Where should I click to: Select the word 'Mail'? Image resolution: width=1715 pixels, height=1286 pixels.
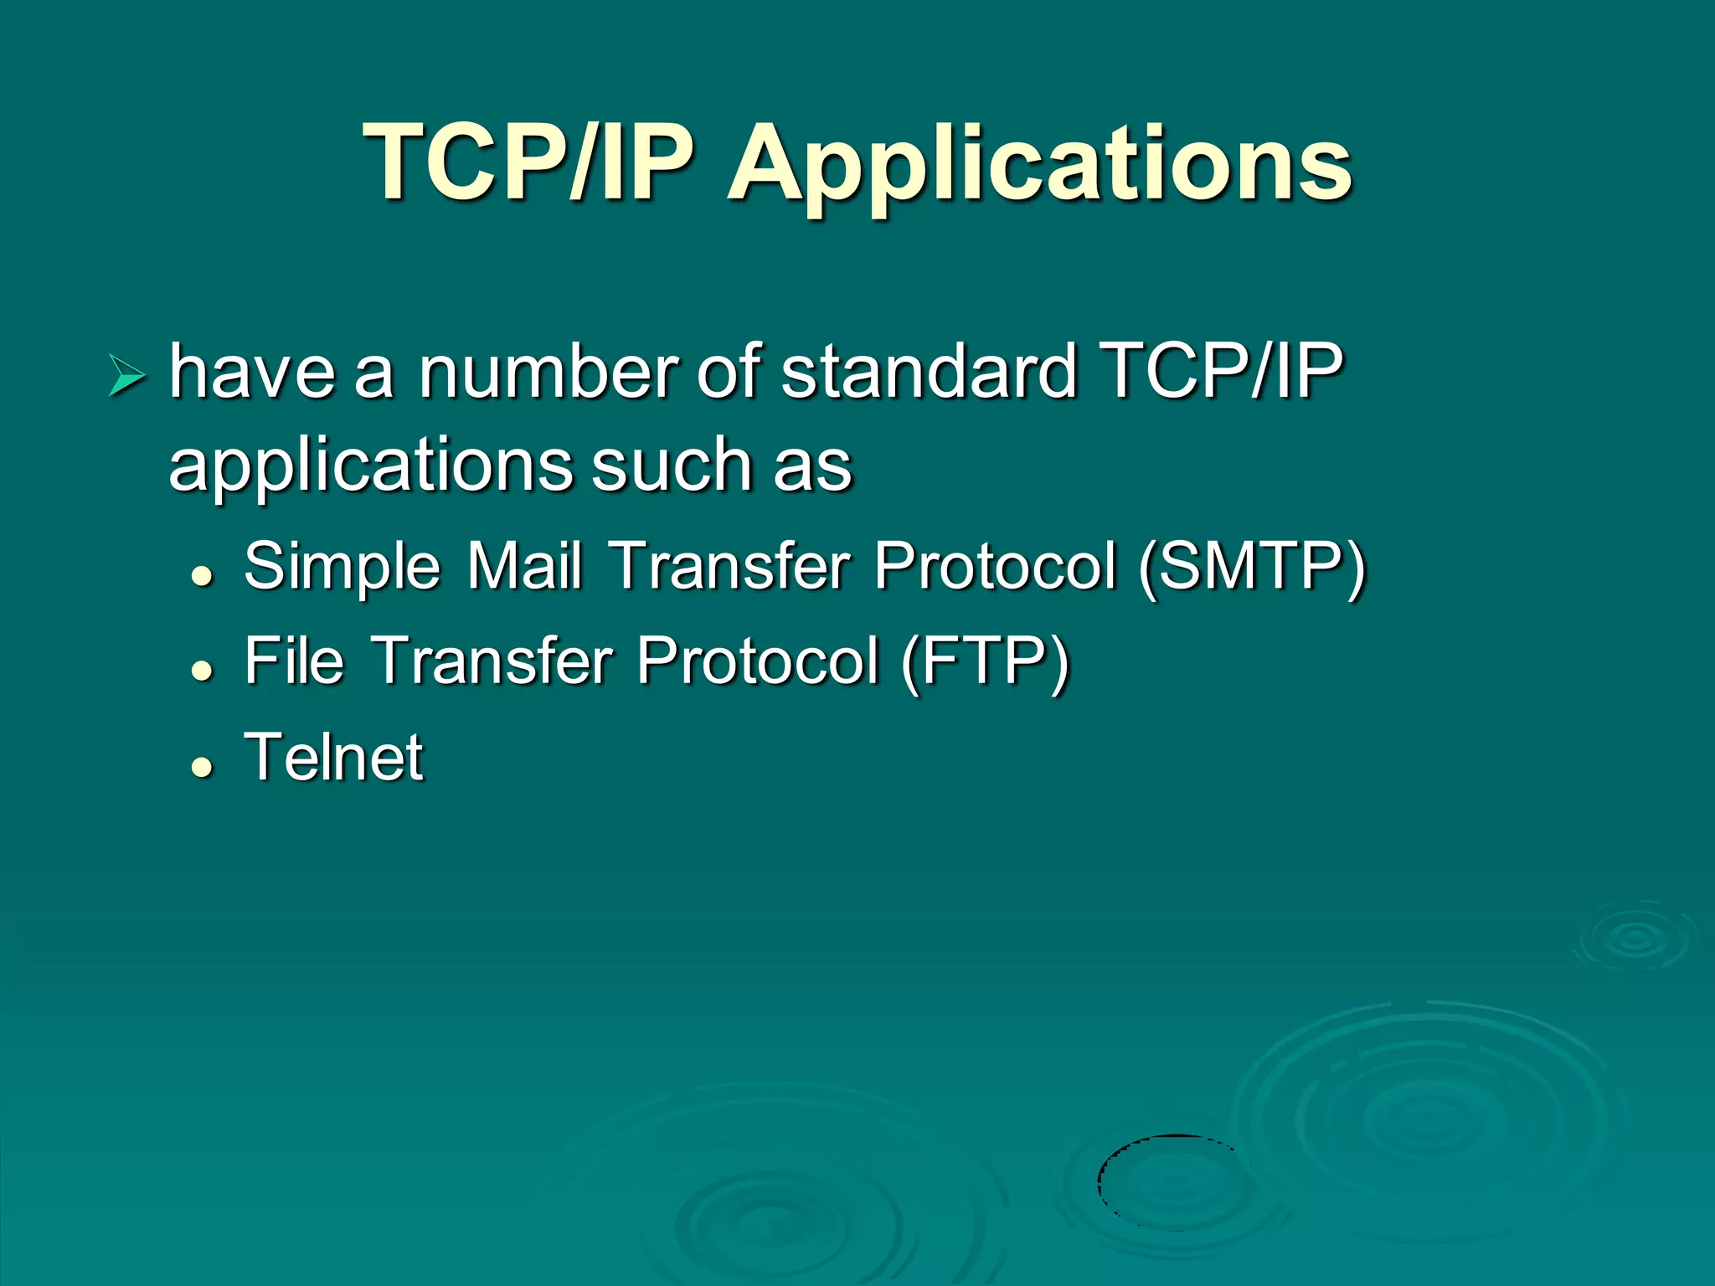coord(523,566)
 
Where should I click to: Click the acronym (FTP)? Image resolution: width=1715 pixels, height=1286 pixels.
coord(986,662)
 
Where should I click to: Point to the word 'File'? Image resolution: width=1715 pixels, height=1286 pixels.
coord(294,661)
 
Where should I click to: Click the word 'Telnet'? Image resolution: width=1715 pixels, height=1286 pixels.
coord(334,757)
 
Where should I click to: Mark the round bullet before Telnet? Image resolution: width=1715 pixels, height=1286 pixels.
coord(201,766)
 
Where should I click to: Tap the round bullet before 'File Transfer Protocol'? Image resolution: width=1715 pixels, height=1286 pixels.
coord(201,670)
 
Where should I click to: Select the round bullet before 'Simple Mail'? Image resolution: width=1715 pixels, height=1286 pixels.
coord(201,575)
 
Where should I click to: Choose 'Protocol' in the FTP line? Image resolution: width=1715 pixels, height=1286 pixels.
coord(758,661)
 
